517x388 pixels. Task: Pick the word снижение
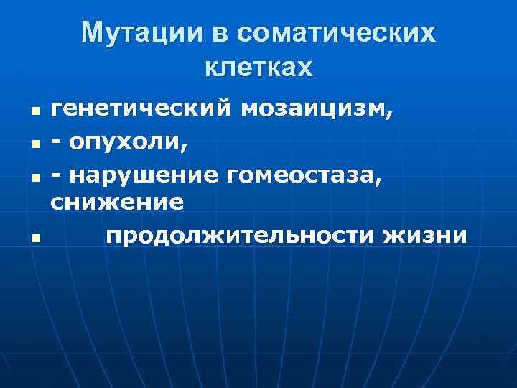click(x=116, y=203)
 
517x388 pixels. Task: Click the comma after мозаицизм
click(x=390, y=116)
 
